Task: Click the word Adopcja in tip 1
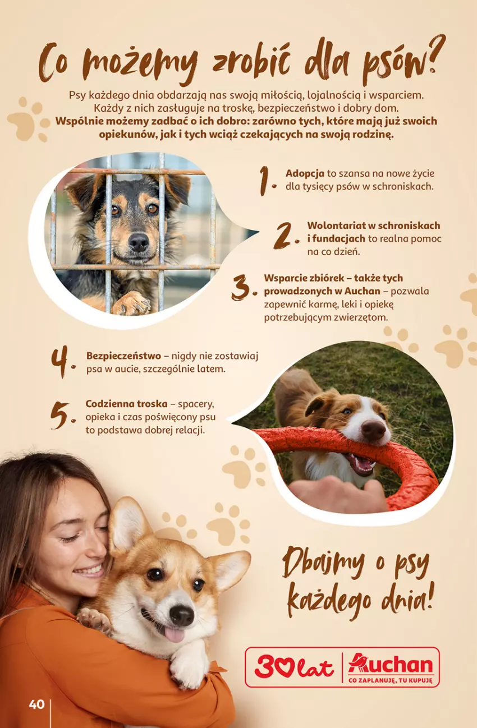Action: [305, 173]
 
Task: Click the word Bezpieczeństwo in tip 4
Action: [123, 356]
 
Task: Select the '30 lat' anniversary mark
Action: [294, 661]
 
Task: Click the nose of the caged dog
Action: [139, 242]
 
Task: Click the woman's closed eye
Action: [69, 539]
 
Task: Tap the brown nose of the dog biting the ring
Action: [373, 430]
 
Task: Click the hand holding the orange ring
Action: [338, 494]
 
